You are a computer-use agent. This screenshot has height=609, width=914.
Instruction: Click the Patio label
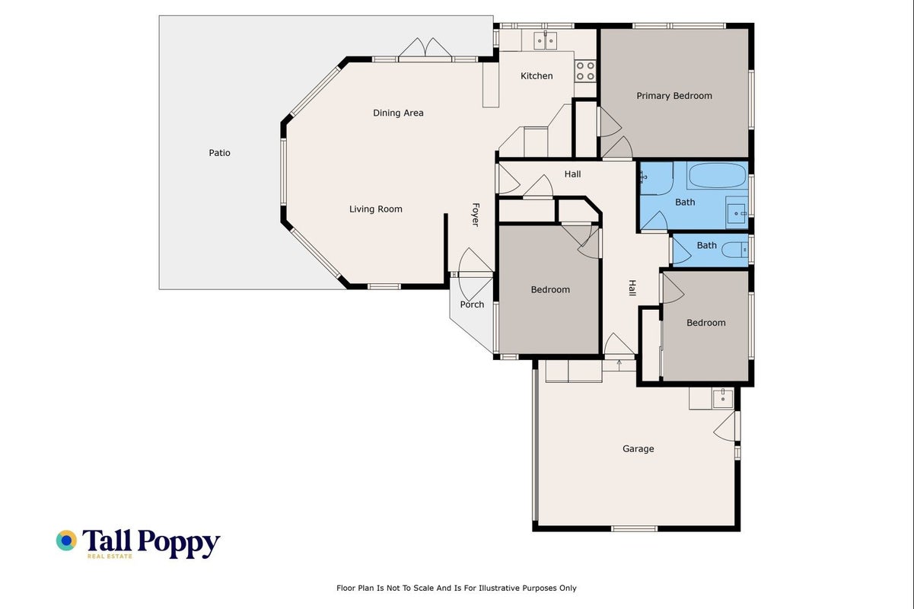pyautogui.click(x=219, y=153)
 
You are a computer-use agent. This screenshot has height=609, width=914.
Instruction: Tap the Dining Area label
pyautogui.click(x=398, y=113)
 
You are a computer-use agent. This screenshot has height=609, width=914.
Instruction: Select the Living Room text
pyautogui.click(x=376, y=209)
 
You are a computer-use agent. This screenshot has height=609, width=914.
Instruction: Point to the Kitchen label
pyautogui.click(x=537, y=76)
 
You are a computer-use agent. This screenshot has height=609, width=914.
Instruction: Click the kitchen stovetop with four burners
pyautogui.click(x=585, y=71)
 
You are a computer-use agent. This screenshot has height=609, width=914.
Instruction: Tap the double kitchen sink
pyautogui.click(x=545, y=41)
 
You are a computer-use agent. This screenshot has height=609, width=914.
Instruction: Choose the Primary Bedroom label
pyautogui.click(x=674, y=96)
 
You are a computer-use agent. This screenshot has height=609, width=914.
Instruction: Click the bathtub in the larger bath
pyautogui.click(x=717, y=175)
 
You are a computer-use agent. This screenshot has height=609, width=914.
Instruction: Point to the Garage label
pyautogui.click(x=639, y=449)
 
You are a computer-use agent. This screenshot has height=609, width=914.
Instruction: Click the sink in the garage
pyautogui.click(x=723, y=398)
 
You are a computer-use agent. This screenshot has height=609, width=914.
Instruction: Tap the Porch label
pyautogui.click(x=472, y=304)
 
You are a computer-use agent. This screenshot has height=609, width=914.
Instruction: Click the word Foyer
pyautogui.click(x=476, y=215)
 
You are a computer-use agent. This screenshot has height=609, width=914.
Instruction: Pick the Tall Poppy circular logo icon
pyautogui.click(x=66, y=540)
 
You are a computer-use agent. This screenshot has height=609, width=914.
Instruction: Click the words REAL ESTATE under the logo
pyautogui.click(x=110, y=556)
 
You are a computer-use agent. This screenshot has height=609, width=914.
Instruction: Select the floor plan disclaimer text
pyautogui.click(x=456, y=588)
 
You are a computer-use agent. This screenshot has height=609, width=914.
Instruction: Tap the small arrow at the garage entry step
pyautogui.click(x=619, y=365)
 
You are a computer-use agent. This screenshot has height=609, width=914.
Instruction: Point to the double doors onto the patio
pyautogui.click(x=425, y=48)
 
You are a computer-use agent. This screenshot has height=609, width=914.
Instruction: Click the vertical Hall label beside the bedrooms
pyautogui.click(x=632, y=289)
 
